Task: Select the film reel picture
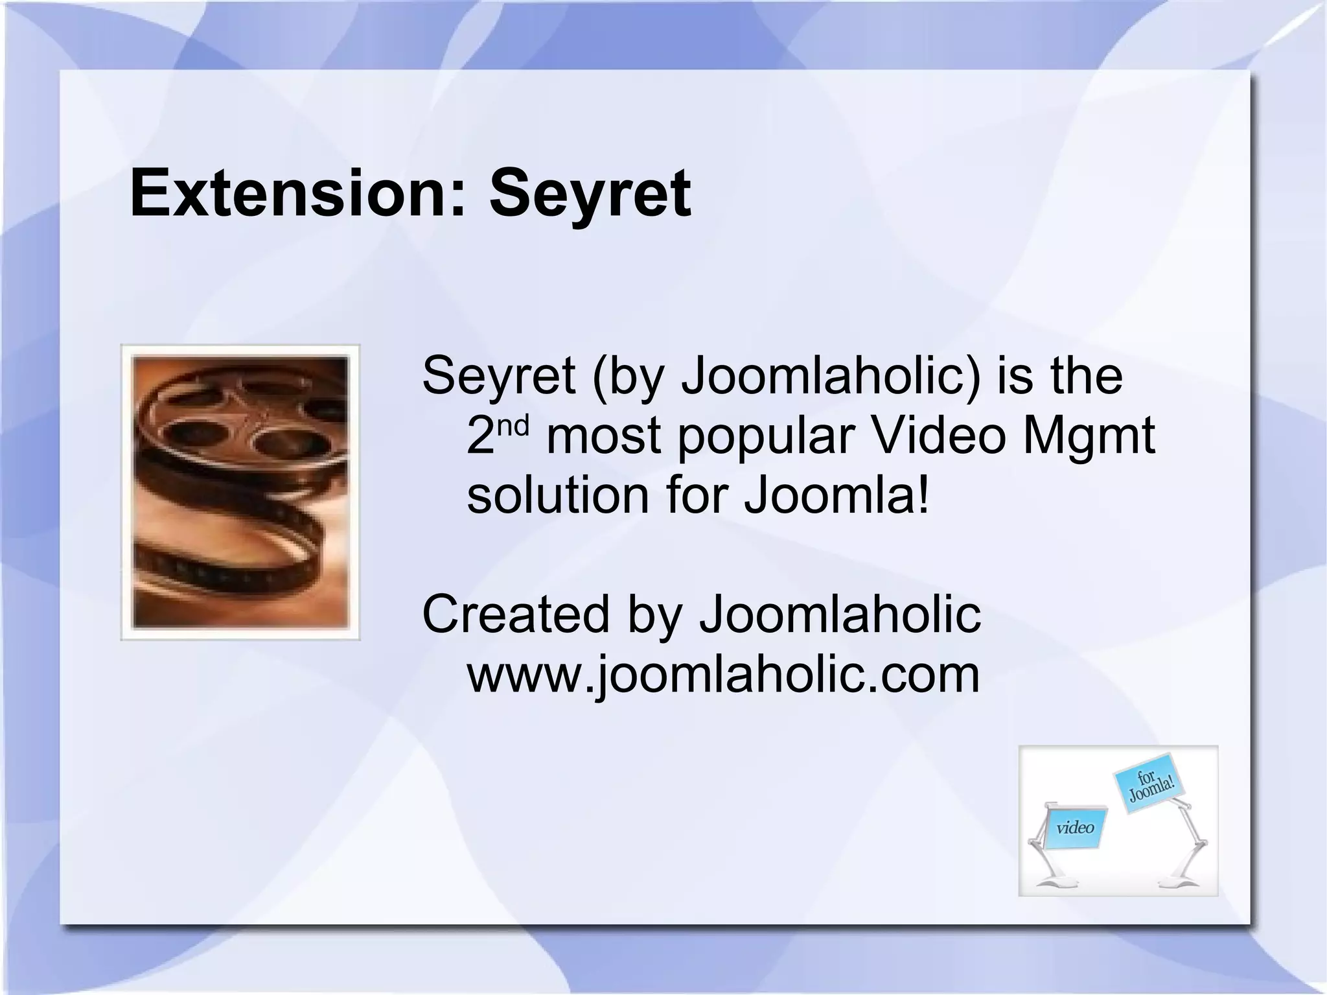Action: [x=240, y=493]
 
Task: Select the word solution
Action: [x=558, y=495]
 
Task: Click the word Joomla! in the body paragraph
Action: [x=837, y=495]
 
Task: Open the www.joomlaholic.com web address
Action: [x=723, y=675]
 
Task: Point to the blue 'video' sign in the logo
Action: [x=1075, y=828]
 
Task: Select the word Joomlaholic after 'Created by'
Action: [x=840, y=614]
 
